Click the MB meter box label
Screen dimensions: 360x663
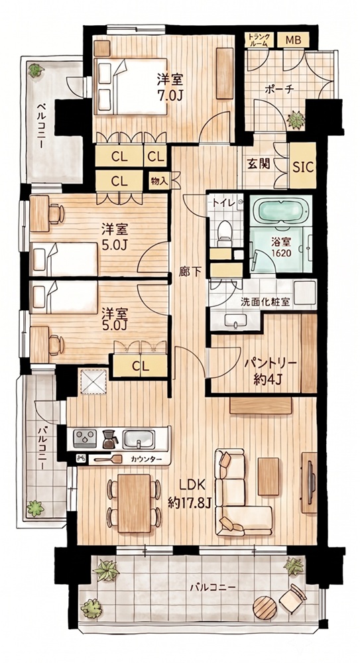tap(293, 40)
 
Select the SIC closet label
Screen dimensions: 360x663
tap(303, 166)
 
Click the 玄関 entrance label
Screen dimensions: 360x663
tap(259, 164)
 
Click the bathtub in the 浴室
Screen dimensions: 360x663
tap(280, 211)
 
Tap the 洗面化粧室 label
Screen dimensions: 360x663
tap(265, 302)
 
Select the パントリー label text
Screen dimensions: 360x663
tap(269, 363)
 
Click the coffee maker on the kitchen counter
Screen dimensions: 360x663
tap(110, 439)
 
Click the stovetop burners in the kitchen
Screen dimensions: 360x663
tap(85, 439)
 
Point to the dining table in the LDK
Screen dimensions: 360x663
tap(134, 503)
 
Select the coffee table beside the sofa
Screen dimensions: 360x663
tap(269, 476)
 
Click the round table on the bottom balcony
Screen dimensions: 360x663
tap(265, 607)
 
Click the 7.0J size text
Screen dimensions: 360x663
tap(170, 95)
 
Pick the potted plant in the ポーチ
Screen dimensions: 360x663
tap(296, 120)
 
